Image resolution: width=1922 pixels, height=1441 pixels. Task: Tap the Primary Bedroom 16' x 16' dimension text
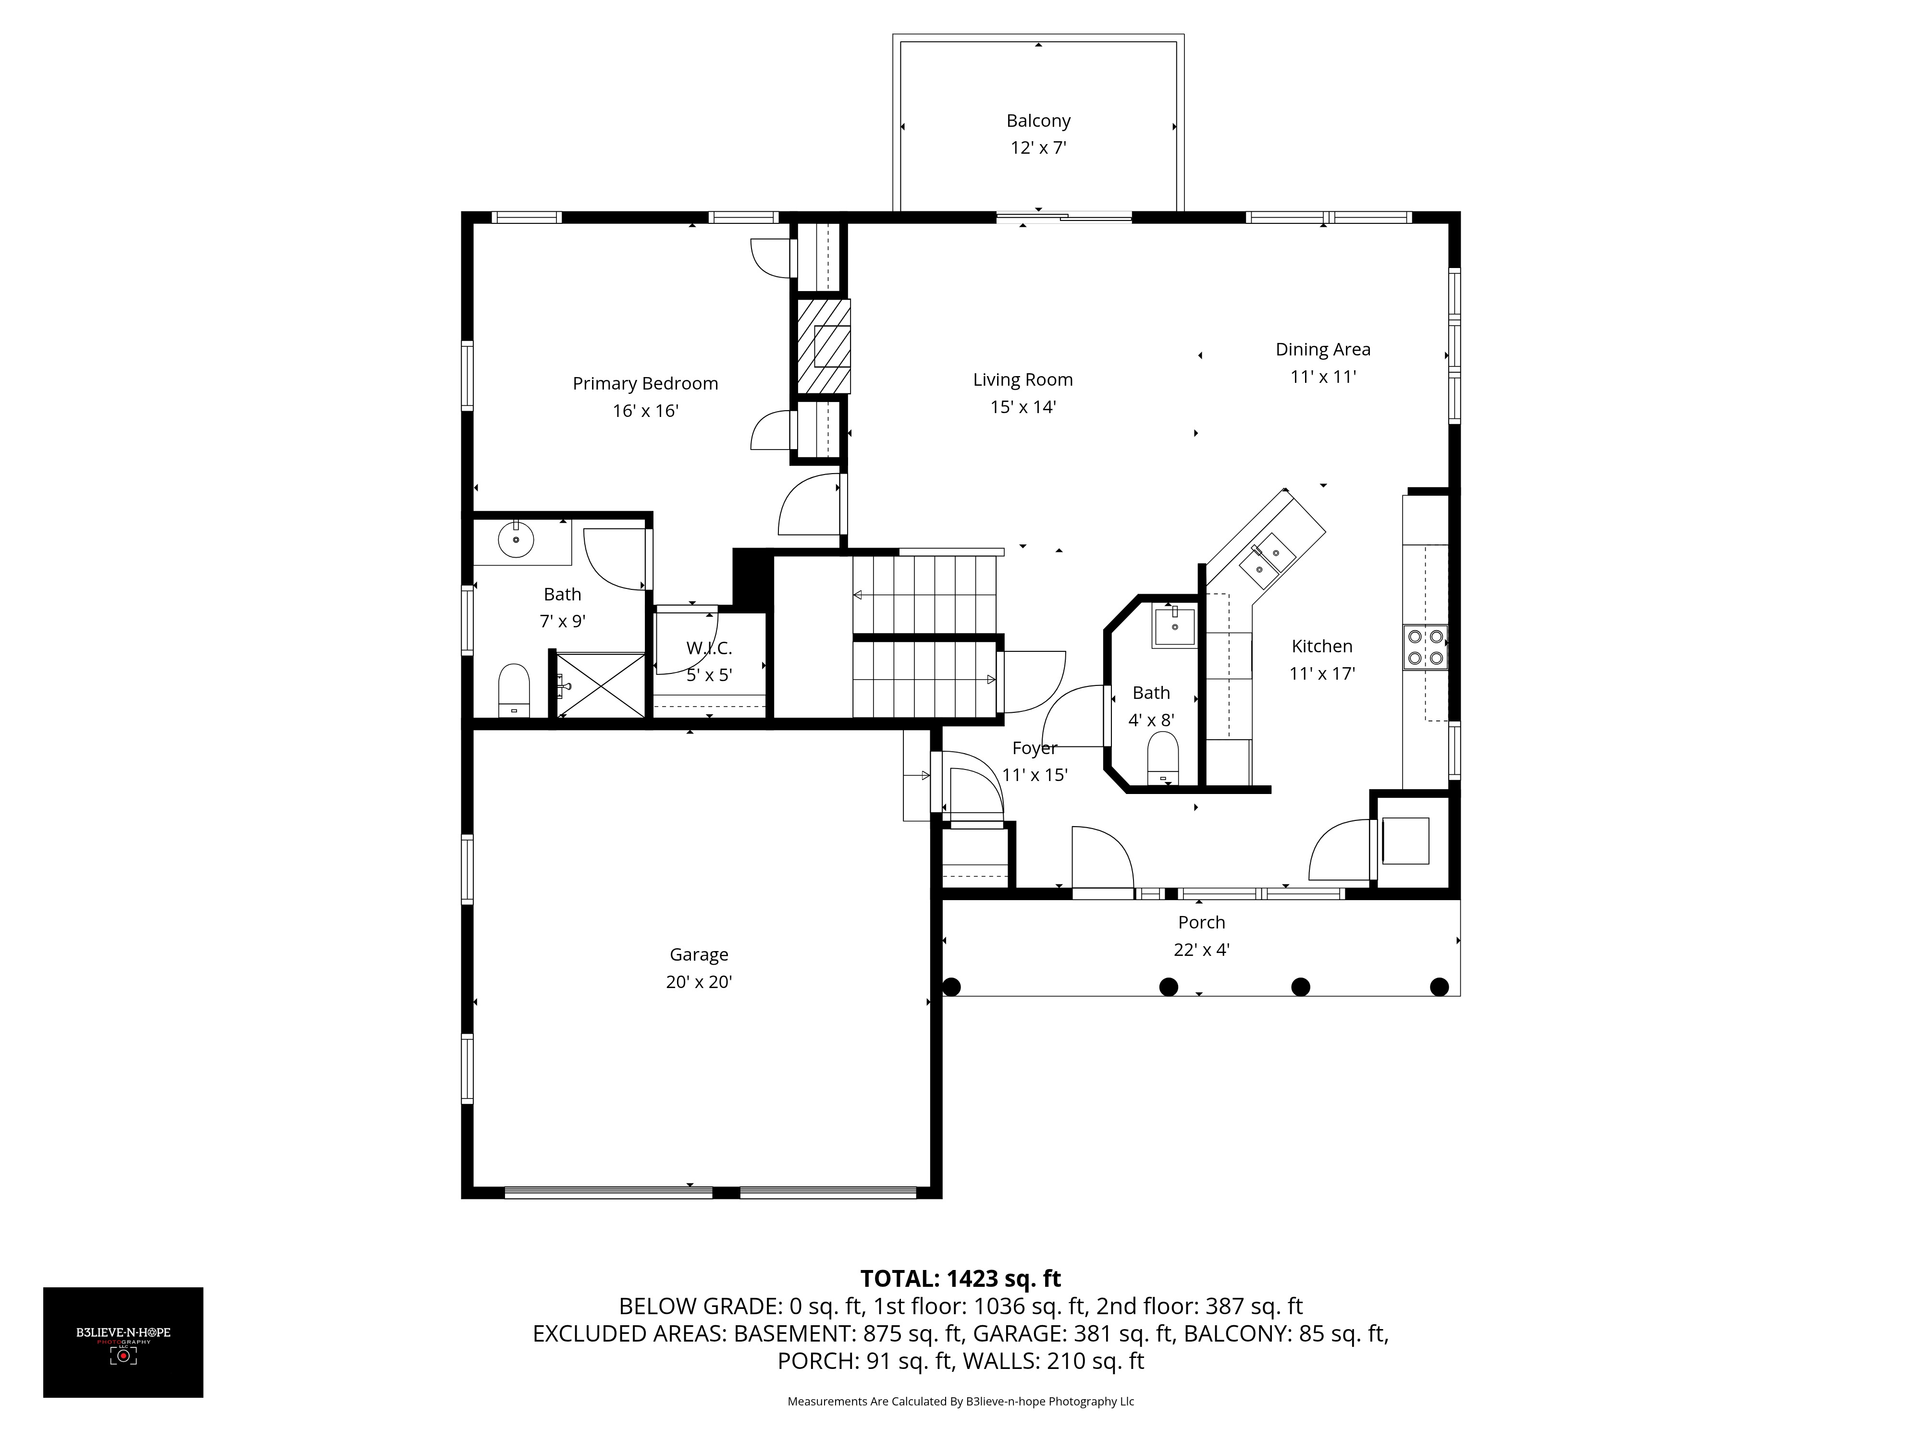click(645, 411)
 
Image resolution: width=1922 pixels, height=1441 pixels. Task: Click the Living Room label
click(1023, 379)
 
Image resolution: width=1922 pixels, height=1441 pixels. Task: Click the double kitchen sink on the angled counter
click(1267, 560)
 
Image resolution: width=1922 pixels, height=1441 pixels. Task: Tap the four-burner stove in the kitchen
click(1425, 647)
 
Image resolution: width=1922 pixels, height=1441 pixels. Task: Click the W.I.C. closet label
click(709, 648)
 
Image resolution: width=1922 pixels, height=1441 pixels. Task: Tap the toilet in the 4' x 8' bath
click(1163, 758)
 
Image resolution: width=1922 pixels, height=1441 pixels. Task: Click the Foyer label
click(1034, 748)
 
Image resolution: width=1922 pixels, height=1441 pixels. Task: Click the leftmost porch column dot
click(951, 987)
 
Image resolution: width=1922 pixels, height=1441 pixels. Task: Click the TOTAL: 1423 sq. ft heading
click(960, 1279)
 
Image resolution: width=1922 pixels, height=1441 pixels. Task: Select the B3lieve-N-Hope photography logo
click(123, 1342)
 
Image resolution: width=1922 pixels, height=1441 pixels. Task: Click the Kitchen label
click(1321, 646)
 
